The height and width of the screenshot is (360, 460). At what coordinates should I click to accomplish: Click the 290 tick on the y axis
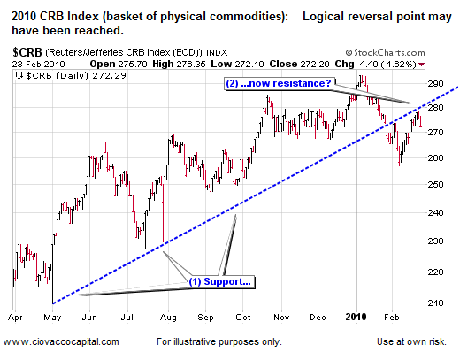pos(434,83)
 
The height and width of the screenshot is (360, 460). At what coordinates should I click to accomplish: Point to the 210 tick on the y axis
pos(434,303)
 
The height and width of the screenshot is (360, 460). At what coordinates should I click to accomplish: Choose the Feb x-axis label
pos(391,316)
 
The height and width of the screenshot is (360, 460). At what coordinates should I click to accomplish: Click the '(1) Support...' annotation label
pos(219,282)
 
